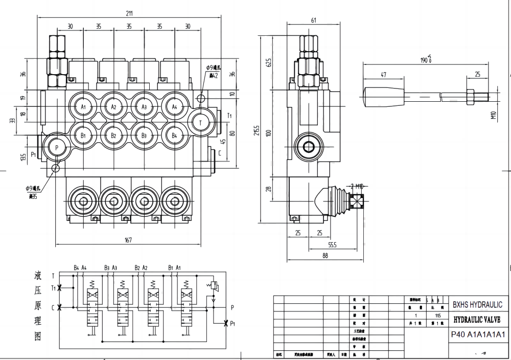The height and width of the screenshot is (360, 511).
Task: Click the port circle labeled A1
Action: coord(83,107)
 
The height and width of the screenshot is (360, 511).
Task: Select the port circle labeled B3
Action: coord(144,136)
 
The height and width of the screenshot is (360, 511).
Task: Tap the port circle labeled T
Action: coord(200,122)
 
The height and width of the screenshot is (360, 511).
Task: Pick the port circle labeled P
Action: coord(56,147)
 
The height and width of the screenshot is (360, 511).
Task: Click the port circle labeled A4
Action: coord(174,107)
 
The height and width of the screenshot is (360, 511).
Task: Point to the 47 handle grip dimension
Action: coord(383,75)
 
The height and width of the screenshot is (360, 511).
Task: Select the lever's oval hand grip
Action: coord(380,98)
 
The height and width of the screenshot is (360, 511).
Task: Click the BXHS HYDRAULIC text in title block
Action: coord(477,305)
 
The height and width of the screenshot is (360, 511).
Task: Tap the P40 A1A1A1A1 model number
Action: coord(477,335)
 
